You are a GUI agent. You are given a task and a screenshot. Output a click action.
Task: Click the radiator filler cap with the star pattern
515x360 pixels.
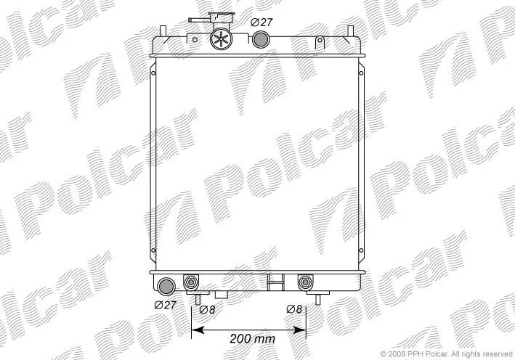(x=221, y=38)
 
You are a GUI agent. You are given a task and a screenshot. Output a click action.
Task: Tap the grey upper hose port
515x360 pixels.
(x=261, y=40)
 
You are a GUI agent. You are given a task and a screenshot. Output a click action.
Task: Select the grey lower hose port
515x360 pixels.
(x=166, y=286)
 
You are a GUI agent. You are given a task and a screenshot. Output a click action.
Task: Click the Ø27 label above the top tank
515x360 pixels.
(x=261, y=22)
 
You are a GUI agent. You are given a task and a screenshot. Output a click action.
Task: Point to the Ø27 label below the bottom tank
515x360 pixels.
(x=165, y=305)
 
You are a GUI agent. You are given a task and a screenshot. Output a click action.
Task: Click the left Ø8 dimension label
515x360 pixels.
(x=207, y=309)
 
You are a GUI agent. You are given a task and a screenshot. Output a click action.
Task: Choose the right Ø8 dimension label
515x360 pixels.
(x=294, y=309)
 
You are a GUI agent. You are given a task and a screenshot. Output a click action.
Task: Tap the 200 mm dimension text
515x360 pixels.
(x=252, y=338)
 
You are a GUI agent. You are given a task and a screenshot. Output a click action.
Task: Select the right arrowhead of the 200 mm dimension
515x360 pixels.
(x=299, y=330)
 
